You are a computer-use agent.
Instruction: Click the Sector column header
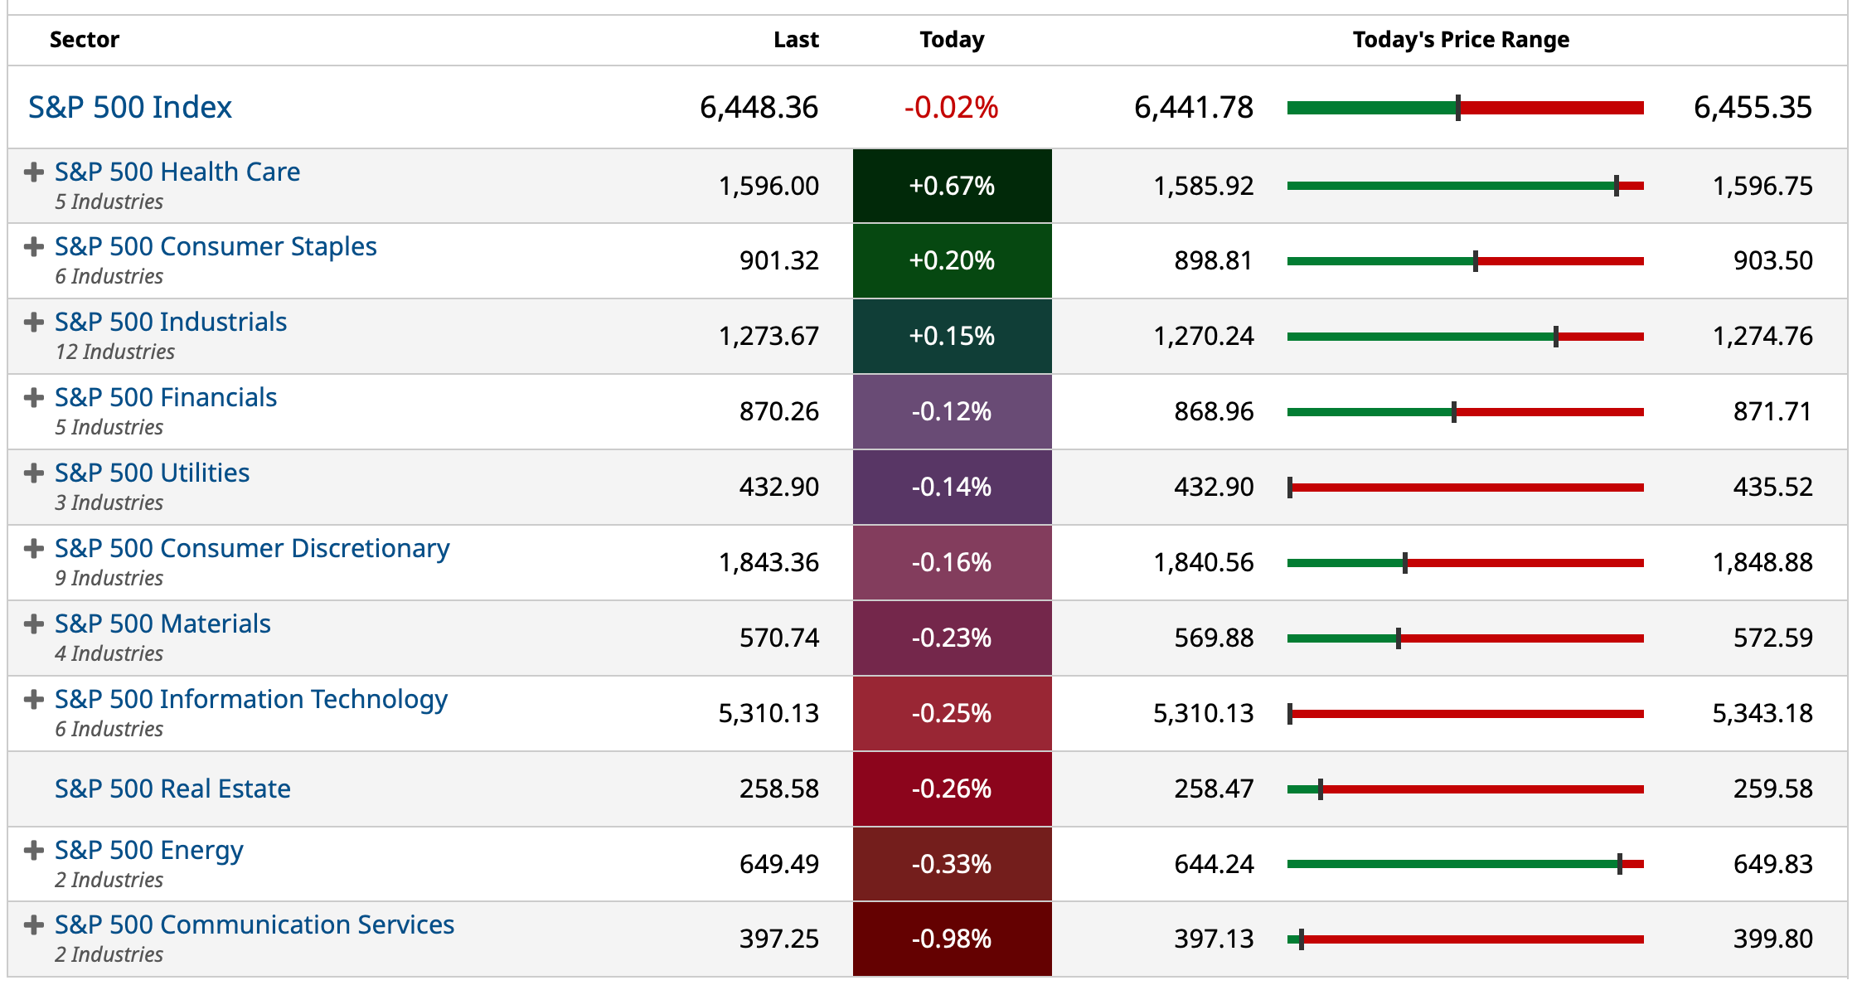(84, 40)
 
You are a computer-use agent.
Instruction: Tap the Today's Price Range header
(1461, 40)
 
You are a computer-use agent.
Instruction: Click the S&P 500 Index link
(130, 107)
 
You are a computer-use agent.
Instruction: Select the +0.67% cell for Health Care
(952, 186)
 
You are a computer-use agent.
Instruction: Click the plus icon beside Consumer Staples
(34, 247)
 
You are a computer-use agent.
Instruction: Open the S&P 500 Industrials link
(171, 322)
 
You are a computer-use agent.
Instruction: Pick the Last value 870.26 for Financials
(778, 411)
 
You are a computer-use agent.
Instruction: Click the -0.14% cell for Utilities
(952, 487)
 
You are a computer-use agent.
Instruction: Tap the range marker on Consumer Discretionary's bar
(1405, 563)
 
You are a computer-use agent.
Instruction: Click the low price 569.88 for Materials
(1214, 638)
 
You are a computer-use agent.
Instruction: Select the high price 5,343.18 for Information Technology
(1762, 713)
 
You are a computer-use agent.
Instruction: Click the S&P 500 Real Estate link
(172, 789)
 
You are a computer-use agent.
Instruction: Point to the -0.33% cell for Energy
(952, 864)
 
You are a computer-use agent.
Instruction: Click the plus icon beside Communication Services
(34, 925)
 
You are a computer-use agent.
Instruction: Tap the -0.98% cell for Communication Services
(952, 939)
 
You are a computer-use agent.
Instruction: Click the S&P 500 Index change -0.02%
(951, 107)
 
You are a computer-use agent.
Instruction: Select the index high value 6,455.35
(1753, 107)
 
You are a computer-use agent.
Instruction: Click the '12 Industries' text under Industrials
(115, 352)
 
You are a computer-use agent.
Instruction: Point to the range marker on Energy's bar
(1620, 864)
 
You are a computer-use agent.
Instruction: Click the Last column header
(796, 40)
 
